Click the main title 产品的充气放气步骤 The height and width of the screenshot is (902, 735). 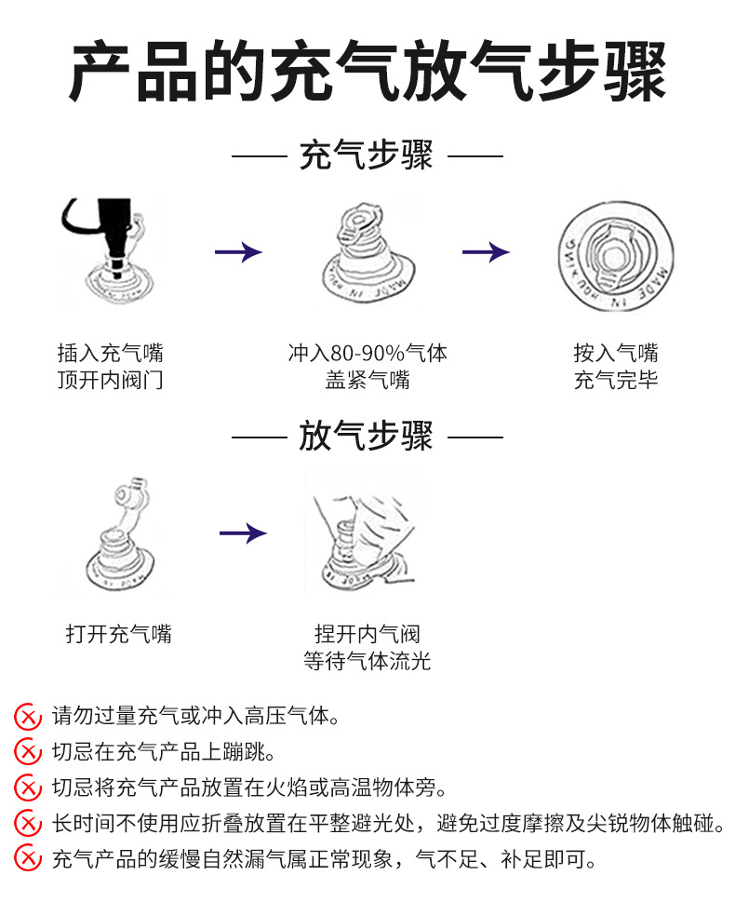pos(367,72)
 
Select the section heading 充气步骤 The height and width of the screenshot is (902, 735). pos(367,155)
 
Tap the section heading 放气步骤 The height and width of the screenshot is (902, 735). pos(367,435)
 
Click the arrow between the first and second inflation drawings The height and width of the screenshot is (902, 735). pos(238,252)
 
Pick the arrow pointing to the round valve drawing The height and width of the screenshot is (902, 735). pos(486,252)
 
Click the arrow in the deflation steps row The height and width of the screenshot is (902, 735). pos(242,533)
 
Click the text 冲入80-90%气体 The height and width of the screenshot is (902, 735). pos(367,354)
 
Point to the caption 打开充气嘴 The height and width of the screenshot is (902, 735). pos(119,635)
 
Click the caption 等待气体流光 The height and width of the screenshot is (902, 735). pos(367,662)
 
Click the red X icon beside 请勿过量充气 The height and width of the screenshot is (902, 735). pos(28,717)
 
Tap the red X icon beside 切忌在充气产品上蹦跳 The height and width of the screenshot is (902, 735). pos(28,752)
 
